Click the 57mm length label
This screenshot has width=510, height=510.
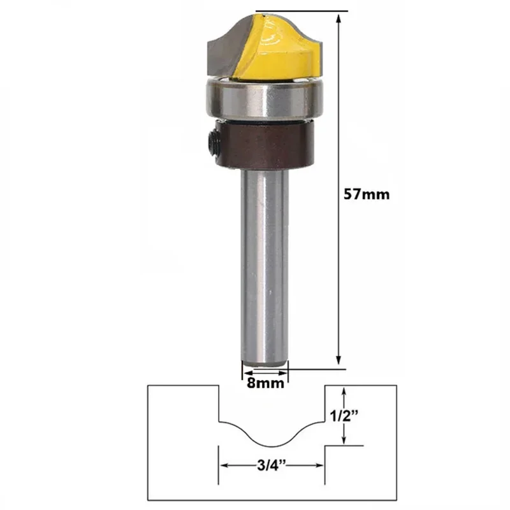click(366, 194)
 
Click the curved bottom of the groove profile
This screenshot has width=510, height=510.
click(272, 445)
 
